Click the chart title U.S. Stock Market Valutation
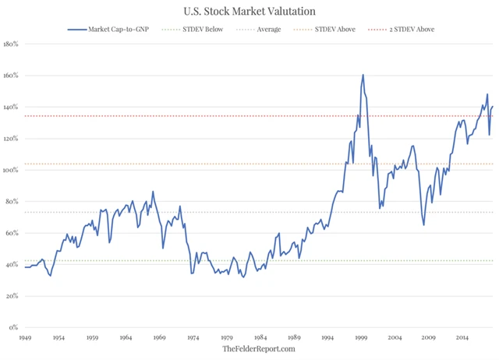tap(249, 12)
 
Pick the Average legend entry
tap(265, 29)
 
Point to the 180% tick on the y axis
tap(11, 44)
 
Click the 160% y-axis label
tap(11, 76)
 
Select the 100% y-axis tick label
tap(11, 170)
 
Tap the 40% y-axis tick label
tap(12, 265)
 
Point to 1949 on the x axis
tap(26, 338)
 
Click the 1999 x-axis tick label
tap(361, 338)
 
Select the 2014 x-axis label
tap(462, 338)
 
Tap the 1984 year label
tap(260, 338)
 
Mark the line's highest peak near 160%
tap(363, 75)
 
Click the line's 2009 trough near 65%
tap(423, 225)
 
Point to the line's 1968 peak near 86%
tap(153, 192)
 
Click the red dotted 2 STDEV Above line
tap(234, 116)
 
